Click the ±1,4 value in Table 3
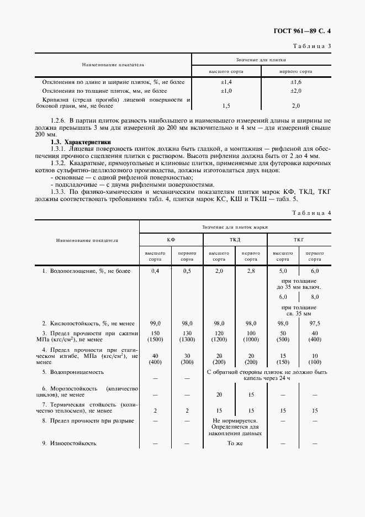pyautogui.click(x=226, y=82)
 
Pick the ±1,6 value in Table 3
pyautogui.click(x=295, y=82)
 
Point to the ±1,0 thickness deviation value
pyautogui.click(x=226, y=91)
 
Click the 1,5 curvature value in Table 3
pyautogui.click(x=226, y=105)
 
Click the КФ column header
pyautogui.click(x=171, y=240)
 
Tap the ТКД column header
pyautogui.click(x=235, y=240)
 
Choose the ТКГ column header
pyautogui.click(x=299, y=240)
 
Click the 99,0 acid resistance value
pyautogui.click(x=155, y=323)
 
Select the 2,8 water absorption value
pyautogui.click(x=251, y=271)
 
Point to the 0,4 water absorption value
pyautogui.click(x=155, y=271)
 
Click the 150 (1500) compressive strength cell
pyautogui.click(x=155, y=337)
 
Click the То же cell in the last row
pyautogui.click(x=235, y=444)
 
